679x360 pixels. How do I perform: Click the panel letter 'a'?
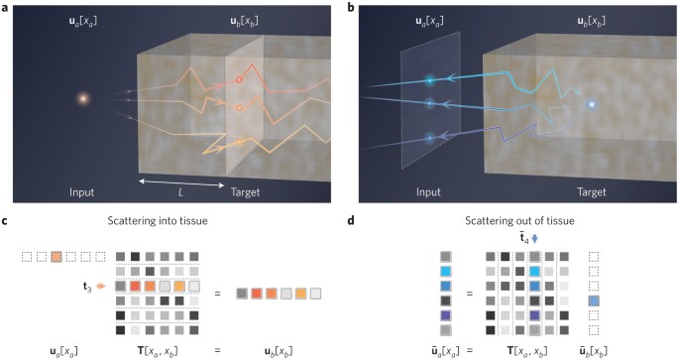6,6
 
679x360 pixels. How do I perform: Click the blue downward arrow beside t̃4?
533,238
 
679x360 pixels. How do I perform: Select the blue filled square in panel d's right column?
593,300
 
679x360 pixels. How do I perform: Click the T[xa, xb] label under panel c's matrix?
162,348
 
